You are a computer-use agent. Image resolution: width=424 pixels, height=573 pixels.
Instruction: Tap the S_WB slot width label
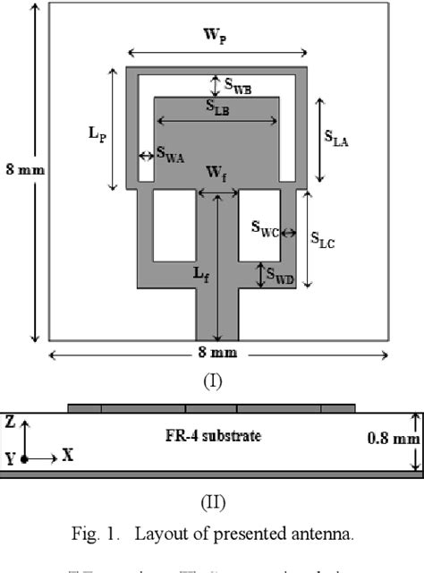coord(237,88)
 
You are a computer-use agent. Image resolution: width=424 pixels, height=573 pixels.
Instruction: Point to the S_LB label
coord(216,107)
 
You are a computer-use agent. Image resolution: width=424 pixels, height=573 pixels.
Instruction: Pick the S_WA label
coord(170,154)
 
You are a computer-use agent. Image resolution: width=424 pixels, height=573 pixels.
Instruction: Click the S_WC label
coord(265,230)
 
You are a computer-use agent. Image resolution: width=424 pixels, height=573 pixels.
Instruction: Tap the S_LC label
coord(322,238)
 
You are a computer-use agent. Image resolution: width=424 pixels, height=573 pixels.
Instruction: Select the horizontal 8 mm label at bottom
coord(217,354)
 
